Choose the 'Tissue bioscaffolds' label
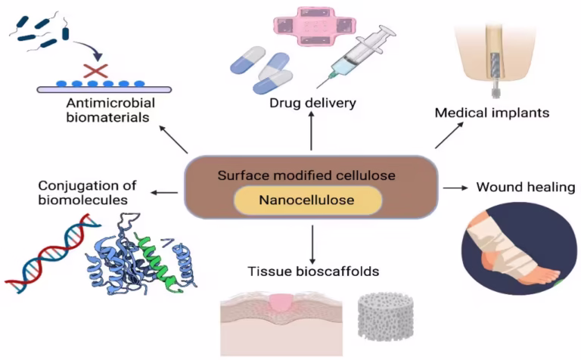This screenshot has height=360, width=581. pyautogui.click(x=312, y=272)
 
